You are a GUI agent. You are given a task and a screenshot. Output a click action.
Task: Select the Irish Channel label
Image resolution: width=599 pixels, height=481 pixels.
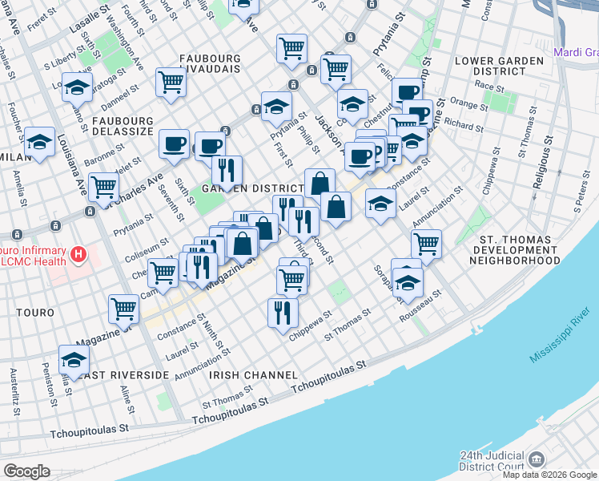242,374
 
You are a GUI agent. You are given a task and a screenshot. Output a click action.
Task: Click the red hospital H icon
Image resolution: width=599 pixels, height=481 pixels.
78,256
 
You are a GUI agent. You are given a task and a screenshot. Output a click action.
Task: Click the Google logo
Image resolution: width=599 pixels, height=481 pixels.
26,471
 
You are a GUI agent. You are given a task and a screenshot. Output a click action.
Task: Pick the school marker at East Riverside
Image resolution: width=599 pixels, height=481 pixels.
74,359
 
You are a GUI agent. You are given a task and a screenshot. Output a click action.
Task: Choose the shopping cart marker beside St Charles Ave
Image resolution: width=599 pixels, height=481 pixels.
103,188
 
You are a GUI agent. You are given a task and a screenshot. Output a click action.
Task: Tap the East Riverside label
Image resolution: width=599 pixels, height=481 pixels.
124,374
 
